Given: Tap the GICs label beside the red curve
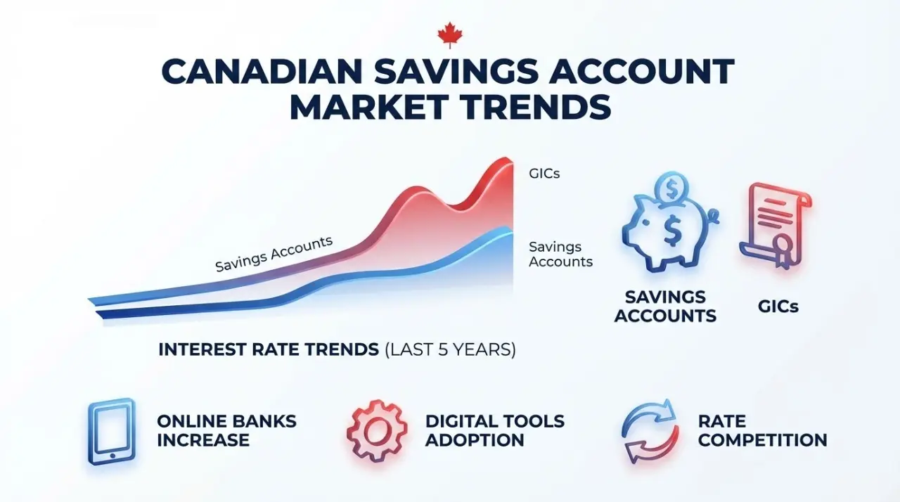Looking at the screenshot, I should (x=544, y=172).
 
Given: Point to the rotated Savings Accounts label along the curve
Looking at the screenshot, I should (x=274, y=254).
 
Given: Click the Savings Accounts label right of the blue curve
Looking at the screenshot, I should (x=560, y=255).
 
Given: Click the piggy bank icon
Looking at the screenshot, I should (x=664, y=233).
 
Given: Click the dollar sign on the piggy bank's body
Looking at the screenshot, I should (x=671, y=233).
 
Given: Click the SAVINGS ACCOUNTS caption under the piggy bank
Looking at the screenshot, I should (x=665, y=307).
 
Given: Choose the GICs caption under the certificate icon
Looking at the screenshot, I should (x=778, y=307).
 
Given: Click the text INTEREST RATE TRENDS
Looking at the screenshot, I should (x=269, y=349).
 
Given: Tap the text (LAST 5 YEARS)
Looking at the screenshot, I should (x=450, y=349).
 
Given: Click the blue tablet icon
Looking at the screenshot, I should (x=111, y=431).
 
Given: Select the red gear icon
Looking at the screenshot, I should (x=376, y=431).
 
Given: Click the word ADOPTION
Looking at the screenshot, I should (x=475, y=441).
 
